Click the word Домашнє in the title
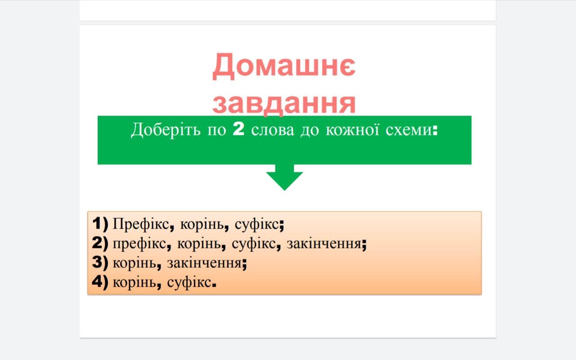click(x=284, y=66)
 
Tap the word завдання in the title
click(x=284, y=103)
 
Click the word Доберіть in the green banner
click(x=166, y=130)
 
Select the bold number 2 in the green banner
click(x=238, y=129)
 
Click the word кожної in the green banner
click(x=352, y=129)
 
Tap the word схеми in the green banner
click(x=409, y=130)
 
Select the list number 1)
click(x=100, y=224)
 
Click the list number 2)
click(x=100, y=243)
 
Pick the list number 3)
click(x=100, y=262)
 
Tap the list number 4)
click(x=100, y=282)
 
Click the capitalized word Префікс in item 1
click(x=141, y=224)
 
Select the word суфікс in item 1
click(x=257, y=225)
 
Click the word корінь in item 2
click(x=199, y=244)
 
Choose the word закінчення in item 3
click(x=204, y=263)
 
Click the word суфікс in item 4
click(x=189, y=283)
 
